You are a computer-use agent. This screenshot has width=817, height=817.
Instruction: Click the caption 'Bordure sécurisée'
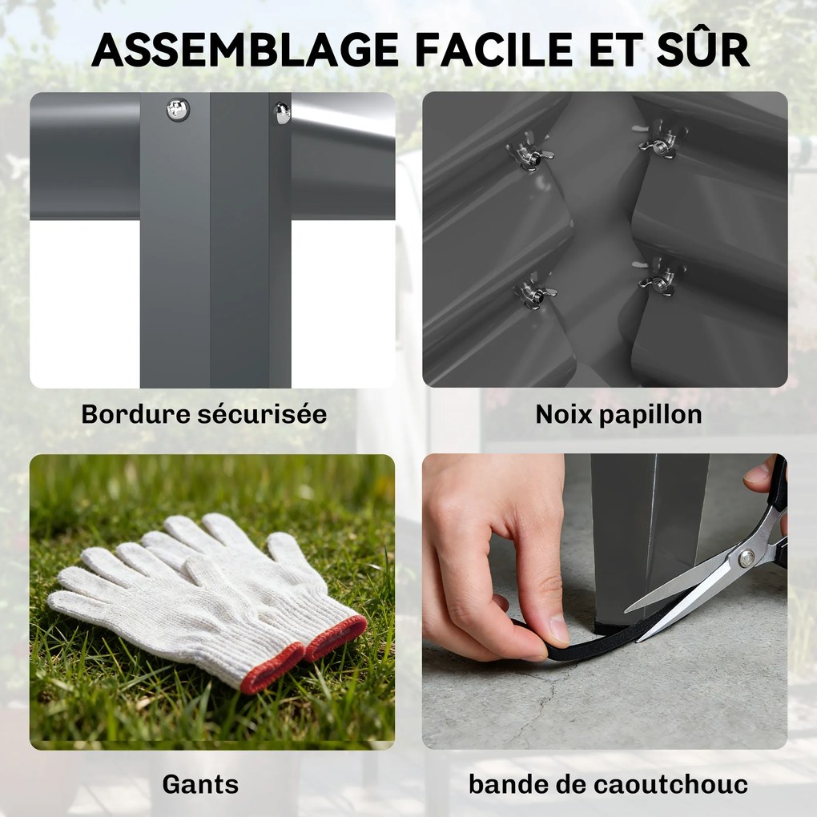coord(203,415)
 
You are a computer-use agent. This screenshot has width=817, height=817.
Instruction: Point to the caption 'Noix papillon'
coord(618,415)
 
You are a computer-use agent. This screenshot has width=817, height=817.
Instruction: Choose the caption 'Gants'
coord(200,784)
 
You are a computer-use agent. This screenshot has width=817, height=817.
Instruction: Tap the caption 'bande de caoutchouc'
coord(608,784)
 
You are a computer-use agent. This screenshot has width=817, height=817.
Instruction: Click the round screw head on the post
coord(177,109)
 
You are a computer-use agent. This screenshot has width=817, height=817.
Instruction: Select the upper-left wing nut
coord(529,152)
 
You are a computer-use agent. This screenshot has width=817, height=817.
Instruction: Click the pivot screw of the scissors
coord(747,558)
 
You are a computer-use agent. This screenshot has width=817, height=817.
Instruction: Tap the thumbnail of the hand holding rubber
coord(559,630)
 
